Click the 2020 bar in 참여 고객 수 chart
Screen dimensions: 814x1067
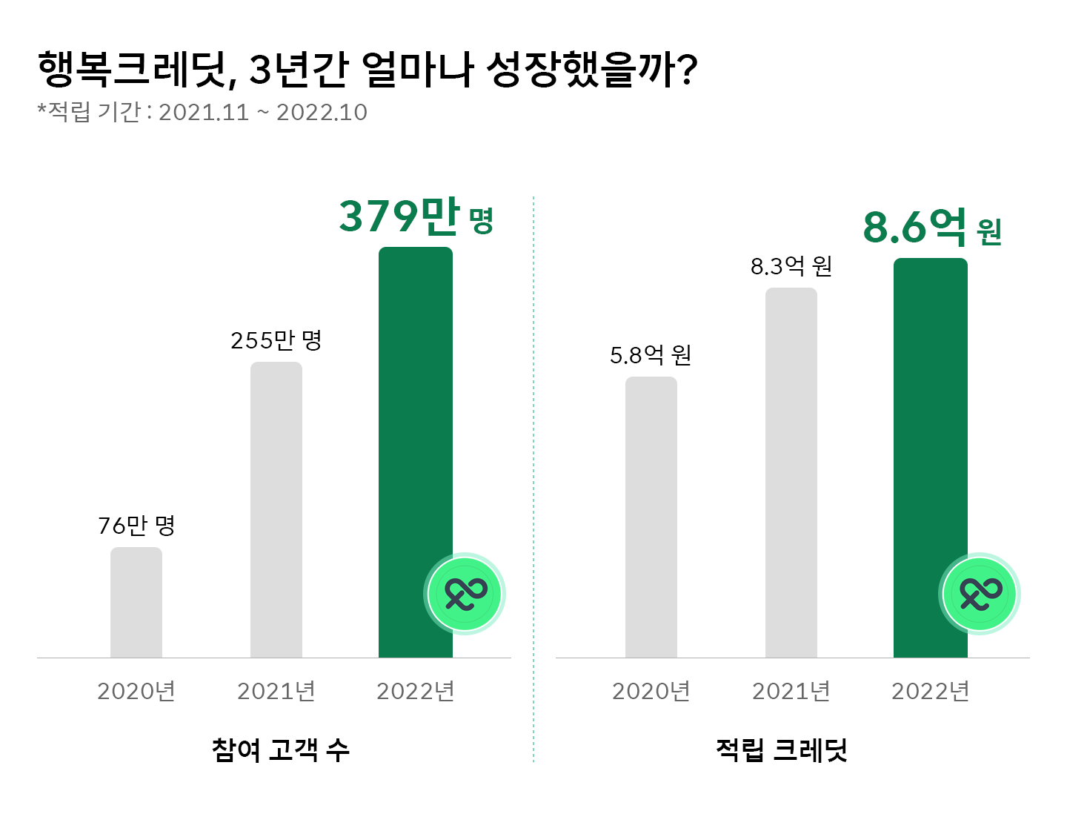(136, 602)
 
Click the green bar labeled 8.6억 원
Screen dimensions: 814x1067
(930, 415)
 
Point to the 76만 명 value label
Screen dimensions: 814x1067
(136, 526)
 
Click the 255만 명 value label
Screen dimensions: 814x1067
(276, 340)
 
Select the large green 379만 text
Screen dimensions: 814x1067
(399, 216)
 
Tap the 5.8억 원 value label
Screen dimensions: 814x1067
(651, 355)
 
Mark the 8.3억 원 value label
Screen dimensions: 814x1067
(791, 265)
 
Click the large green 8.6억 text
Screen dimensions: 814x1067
(914, 226)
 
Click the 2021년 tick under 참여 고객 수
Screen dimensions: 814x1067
(276, 691)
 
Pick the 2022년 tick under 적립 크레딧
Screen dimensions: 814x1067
(931, 691)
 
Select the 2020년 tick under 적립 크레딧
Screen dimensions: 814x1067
(651, 691)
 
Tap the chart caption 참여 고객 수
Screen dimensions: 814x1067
(280, 750)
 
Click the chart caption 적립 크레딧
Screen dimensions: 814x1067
(782, 750)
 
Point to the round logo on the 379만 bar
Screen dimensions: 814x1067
(465, 594)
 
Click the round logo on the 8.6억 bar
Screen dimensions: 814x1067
(980, 594)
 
